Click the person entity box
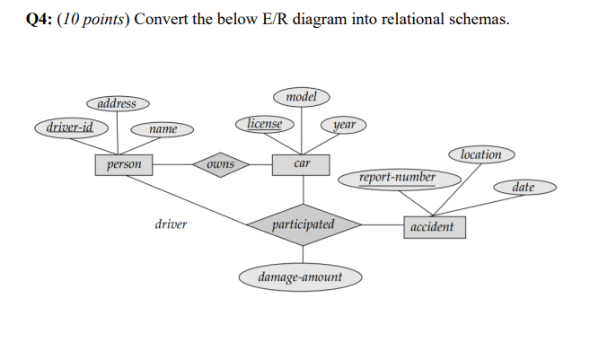click(124, 165)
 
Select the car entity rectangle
click(303, 164)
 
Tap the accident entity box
click(435, 227)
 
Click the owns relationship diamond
click(221, 165)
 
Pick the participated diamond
click(303, 224)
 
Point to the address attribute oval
click(118, 104)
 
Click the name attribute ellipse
click(163, 130)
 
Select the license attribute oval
click(265, 124)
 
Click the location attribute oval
click(481, 154)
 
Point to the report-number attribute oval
click(398, 178)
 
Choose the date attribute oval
click(524, 188)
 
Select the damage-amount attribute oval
click(301, 277)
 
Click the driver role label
click(171, 224)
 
